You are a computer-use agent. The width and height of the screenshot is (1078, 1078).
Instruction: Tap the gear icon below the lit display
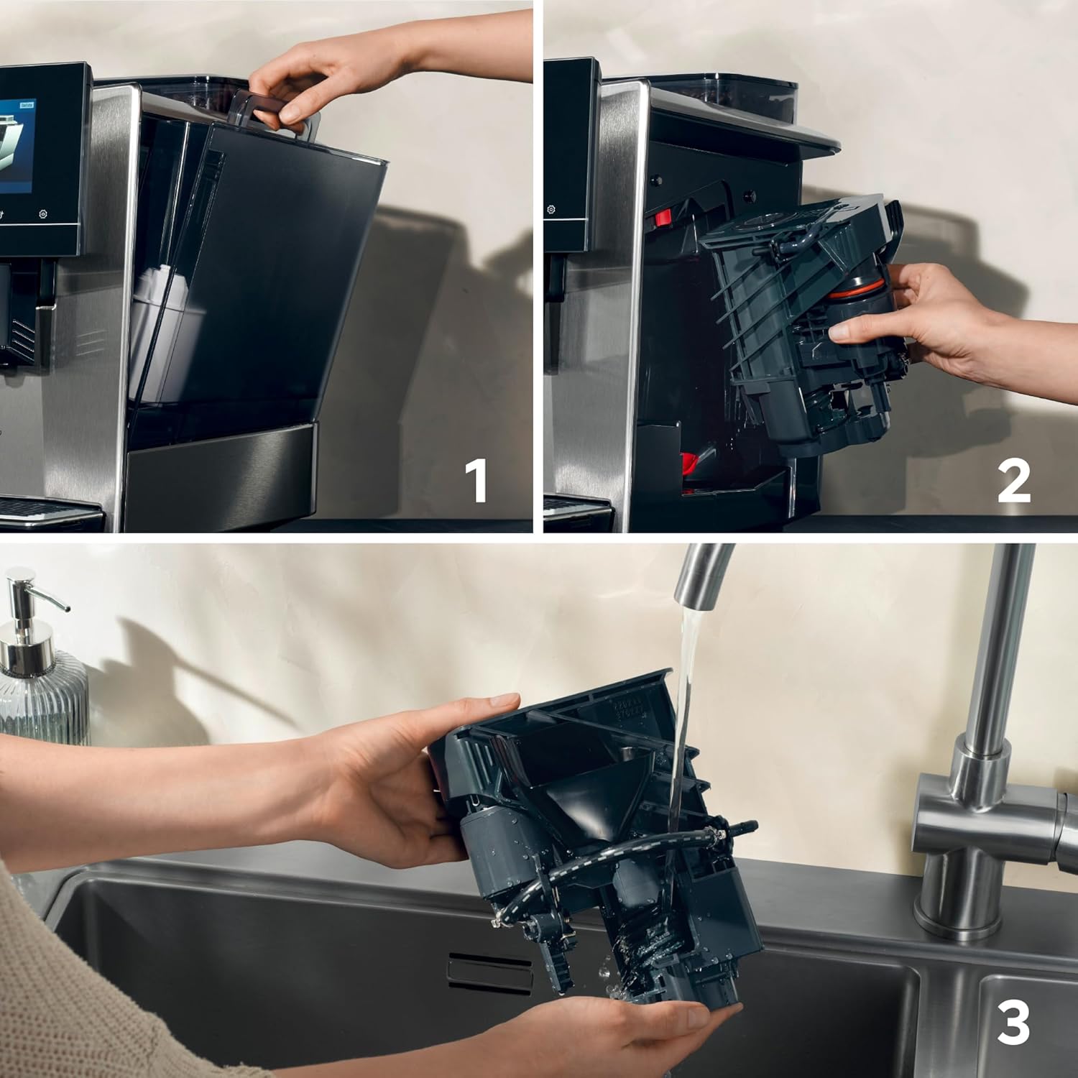tap(44, 214)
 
